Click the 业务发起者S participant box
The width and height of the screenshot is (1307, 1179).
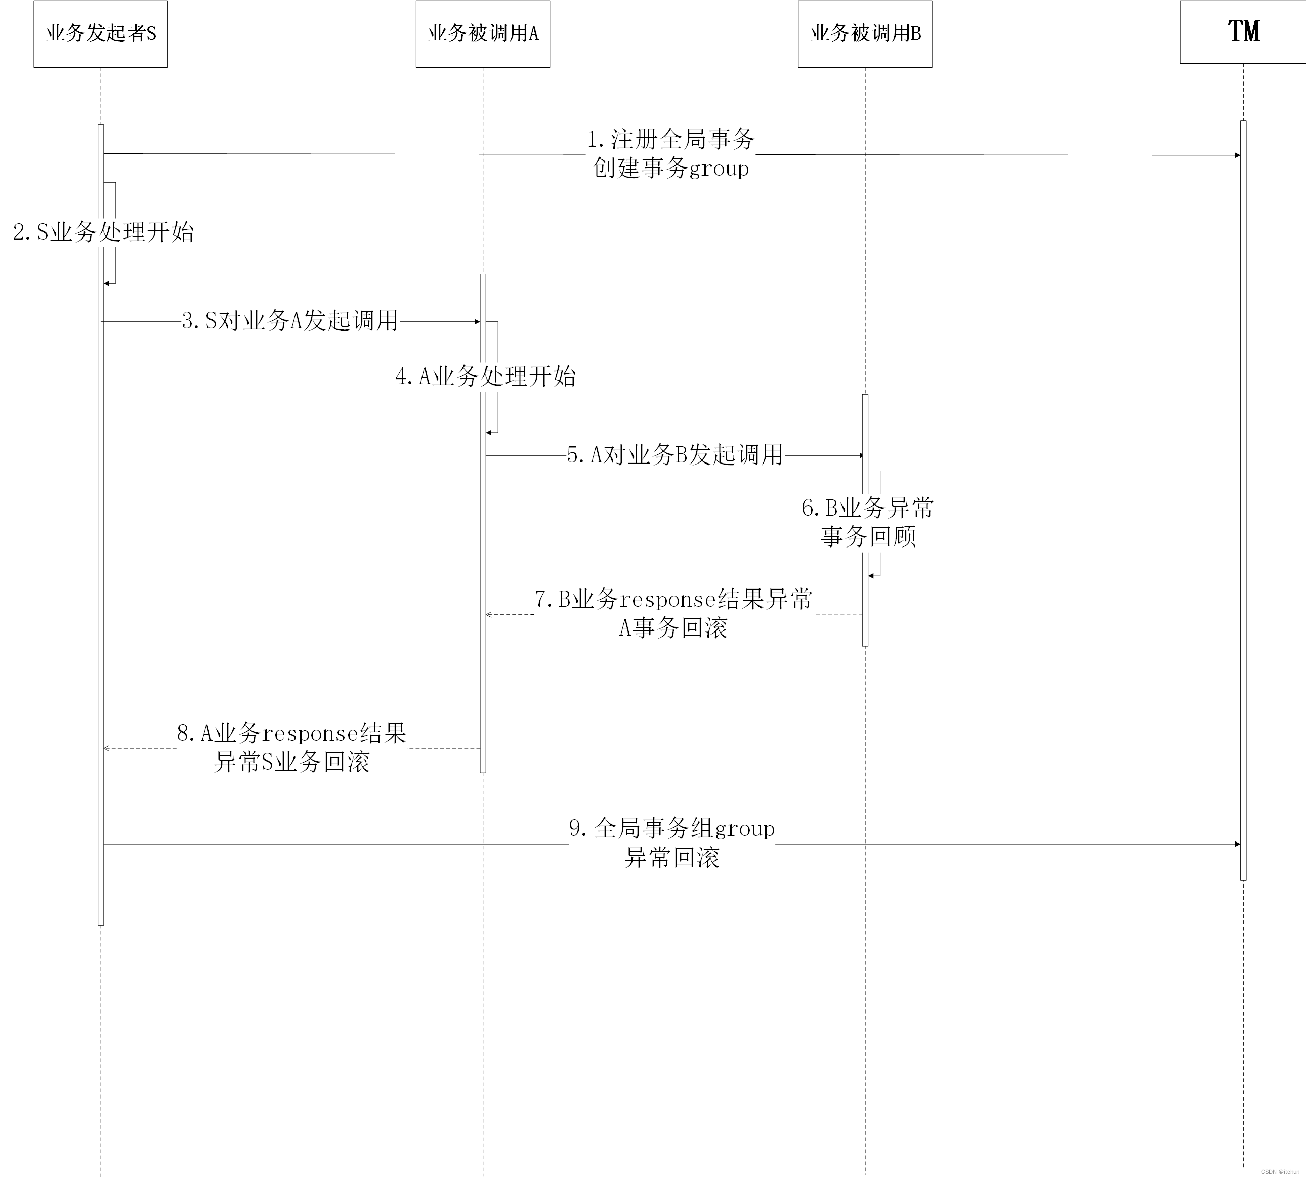[100, 34]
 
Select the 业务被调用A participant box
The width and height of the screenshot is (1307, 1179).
[483, 34]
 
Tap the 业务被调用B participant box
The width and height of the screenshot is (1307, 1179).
[865, 34]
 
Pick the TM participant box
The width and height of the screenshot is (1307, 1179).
[1242, 32]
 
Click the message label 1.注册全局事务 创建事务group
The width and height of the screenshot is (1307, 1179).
[670, 153]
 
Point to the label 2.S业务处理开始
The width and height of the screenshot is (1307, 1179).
[104, 232]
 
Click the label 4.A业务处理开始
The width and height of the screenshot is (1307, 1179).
[485, 376]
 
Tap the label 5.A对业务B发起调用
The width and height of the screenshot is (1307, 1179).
[675, 455]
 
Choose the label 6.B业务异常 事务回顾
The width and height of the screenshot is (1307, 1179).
[868, 522]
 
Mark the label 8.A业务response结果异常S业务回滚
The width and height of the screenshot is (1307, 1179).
[291, 747]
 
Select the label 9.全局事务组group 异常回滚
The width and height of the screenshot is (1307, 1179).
[671, 843]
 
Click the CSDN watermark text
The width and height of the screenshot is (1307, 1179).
[1280, 1172]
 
